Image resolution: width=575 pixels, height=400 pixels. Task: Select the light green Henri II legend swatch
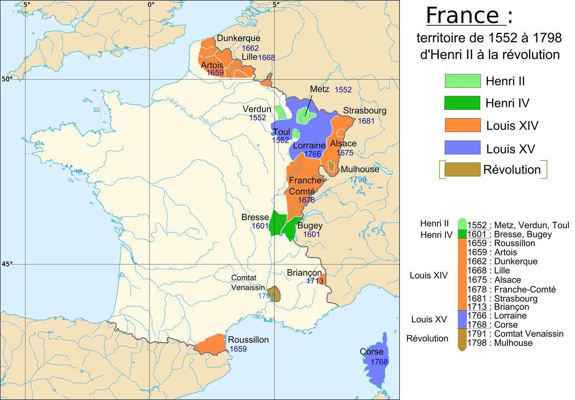[462, 81]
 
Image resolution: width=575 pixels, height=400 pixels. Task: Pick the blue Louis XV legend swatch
[462, 148]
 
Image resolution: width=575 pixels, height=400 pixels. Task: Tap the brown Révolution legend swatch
[462, 170]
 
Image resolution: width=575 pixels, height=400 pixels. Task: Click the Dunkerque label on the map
[238, 38]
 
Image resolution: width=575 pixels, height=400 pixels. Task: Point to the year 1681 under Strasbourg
[366, 121]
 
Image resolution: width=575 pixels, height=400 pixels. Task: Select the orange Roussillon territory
[210, 343]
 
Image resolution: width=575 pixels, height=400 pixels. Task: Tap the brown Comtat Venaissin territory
[274, 294]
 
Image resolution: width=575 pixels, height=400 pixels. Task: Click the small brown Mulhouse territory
[331, 166]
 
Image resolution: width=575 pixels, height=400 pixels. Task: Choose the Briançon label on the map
[304, 273]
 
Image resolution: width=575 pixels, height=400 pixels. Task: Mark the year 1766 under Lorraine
[312, 154]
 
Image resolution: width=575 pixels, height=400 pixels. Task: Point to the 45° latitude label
[7, 264]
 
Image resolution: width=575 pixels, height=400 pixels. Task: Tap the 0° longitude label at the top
[151, 5]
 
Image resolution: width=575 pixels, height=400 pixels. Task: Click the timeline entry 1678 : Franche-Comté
[511, 290]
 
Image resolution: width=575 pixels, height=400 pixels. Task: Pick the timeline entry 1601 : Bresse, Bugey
[509, 234]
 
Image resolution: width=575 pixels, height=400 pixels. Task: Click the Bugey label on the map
[310, 226]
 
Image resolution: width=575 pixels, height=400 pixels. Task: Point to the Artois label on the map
[212, 65]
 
